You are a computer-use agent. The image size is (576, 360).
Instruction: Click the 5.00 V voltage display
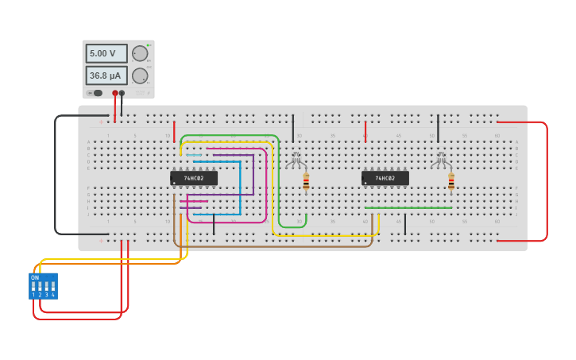[106, 53]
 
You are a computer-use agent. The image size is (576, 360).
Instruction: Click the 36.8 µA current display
[106, 75]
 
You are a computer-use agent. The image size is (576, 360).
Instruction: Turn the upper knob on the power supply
[140, 53]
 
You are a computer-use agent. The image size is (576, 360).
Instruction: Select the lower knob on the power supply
[140, 75]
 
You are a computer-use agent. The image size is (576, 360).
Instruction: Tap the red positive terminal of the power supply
[115, 93]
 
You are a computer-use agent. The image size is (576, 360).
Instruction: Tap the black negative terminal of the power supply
[122, 93]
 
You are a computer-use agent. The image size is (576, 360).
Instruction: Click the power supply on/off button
[97, 93]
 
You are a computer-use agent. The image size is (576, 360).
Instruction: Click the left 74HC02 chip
[193, 178]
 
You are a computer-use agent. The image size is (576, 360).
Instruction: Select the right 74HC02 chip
[385, 178]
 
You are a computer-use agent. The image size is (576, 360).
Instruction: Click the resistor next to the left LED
[306, 182]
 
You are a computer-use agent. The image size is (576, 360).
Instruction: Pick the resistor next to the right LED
[451, 182]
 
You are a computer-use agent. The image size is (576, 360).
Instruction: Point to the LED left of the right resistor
[440, 160]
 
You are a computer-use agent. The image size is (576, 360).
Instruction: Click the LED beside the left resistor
[296, 160]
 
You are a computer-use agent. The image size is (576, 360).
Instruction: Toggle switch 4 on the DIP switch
[52, 286]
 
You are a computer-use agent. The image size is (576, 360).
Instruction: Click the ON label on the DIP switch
[35, 277]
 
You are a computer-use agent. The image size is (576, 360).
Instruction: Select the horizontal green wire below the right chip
[408, 208]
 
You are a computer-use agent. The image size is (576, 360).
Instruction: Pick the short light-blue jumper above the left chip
[194, 155]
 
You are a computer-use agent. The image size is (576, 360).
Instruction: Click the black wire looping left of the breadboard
[55, 175]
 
